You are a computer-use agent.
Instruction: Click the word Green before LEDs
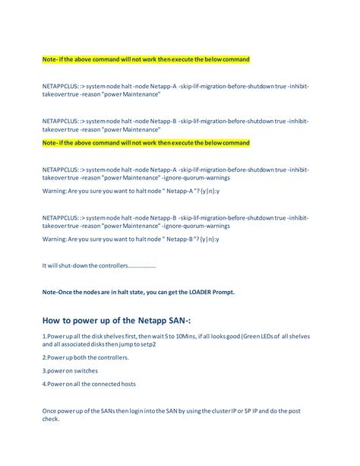click(x=250, y=336)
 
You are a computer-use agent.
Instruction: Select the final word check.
click(x=51, y=419)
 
